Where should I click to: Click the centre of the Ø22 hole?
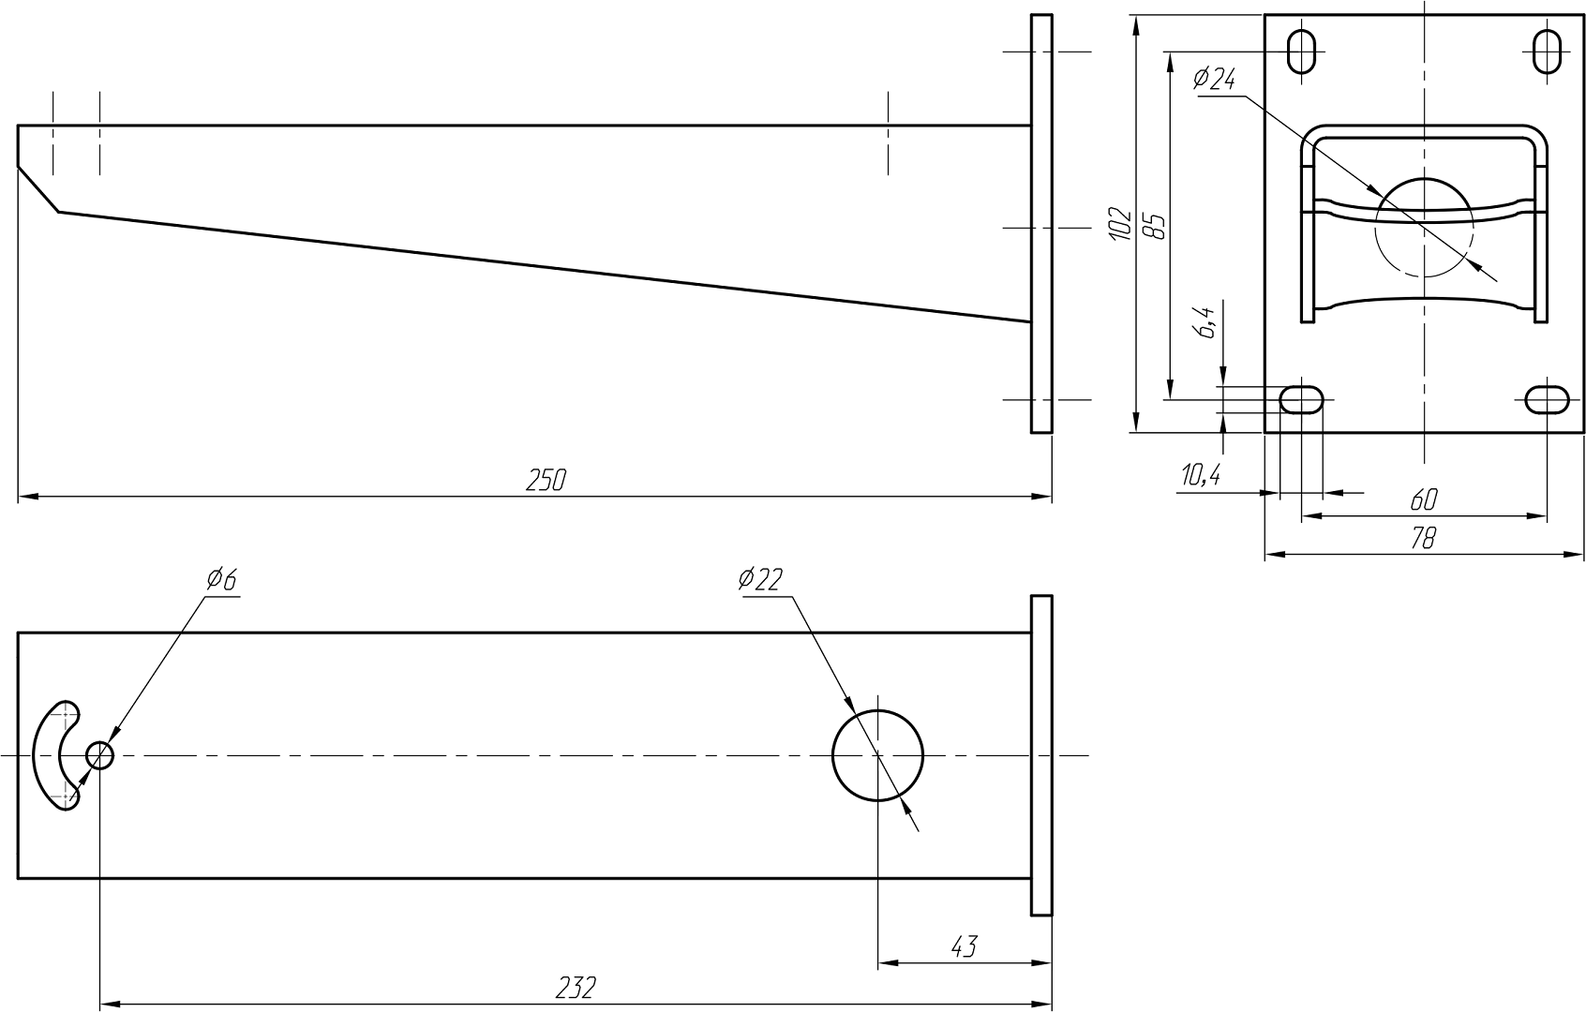click(x=878, y=755)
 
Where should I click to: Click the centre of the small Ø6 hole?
click(x=100, y=755)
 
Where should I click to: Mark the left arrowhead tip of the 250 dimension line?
click(x=18, y=496)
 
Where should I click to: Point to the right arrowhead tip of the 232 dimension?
click(x=1052, y=1004)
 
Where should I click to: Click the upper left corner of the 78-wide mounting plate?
click(x=1265, y=15)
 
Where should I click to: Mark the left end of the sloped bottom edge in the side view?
click(x=59, y=212)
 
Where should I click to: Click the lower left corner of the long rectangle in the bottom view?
click(x=18, y=878)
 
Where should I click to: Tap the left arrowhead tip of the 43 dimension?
click(x=878, y=962)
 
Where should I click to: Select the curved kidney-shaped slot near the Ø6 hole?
click(x=47, y=755)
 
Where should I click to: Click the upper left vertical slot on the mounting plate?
click(x=1301, y=52)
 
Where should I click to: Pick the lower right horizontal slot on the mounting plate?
click(x=1548, y=400)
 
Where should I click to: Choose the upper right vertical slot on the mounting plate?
click(x=1548, y=52)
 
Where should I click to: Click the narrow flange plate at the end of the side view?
click(x=1041, y=223)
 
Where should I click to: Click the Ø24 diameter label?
click(x=1213, y=79)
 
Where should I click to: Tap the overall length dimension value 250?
click(x=546, y=481)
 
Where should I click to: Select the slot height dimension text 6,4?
click(x=1207, y=321)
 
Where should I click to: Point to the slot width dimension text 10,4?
click(x=1200, y=475)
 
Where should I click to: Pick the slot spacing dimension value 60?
click(x=1423, y=499)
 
